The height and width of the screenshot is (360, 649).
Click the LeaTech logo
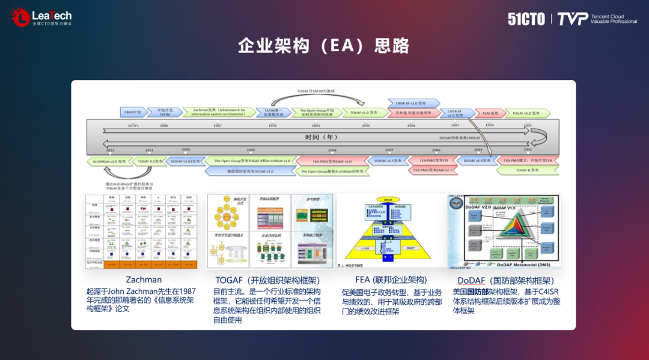(x=41, y=17)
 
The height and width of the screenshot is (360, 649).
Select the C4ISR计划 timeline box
(x=133, y=112)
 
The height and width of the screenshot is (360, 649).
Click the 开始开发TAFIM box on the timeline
(x=165, y=112)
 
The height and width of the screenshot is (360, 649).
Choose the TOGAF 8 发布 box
(x=527, y=170)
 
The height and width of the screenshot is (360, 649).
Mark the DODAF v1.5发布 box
(x=388, y=161)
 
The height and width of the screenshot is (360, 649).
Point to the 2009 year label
(x=250, y=150)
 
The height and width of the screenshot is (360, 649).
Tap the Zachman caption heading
(x=144, y=280)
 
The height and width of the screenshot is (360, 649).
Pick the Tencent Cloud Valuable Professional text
(x=614, y=19)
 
